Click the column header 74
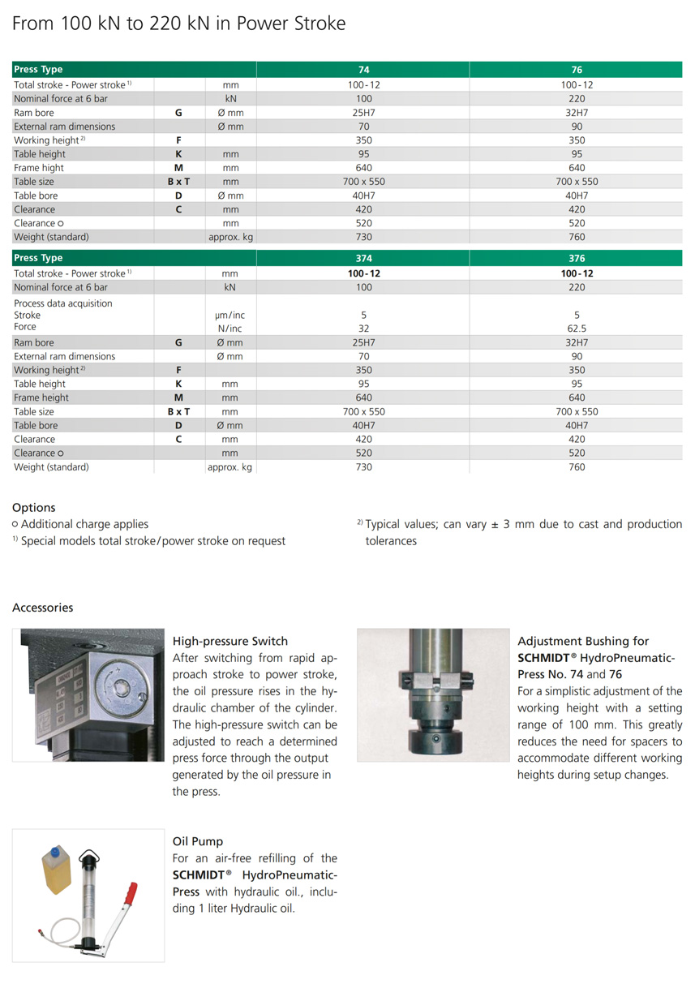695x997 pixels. pos(363,70)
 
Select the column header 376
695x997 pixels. pos(577,259)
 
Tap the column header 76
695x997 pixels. pos(577,70)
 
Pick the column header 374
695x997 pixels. pos(363,259)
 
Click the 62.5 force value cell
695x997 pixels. pos(577,329)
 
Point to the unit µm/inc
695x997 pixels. pos(230,316)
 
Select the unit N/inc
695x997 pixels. pos(230,329)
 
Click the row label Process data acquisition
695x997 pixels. pos(63,303)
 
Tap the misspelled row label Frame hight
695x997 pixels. pos(39,168)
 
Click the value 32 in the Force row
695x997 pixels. pos(363,329)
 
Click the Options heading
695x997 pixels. pos(34,507)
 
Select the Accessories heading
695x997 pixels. pos(42,608)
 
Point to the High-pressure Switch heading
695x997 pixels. pos(230,641)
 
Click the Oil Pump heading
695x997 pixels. pos(198,841)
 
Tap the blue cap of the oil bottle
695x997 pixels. pos(57,851)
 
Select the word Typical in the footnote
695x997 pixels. pos(385,525)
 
